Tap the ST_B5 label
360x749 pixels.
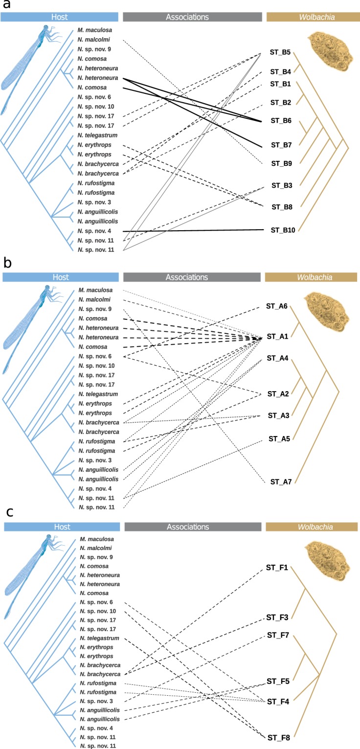(x=280, y=52)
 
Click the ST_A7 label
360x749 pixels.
(x=281, y=482)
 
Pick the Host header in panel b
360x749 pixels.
(x=61, y=277)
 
